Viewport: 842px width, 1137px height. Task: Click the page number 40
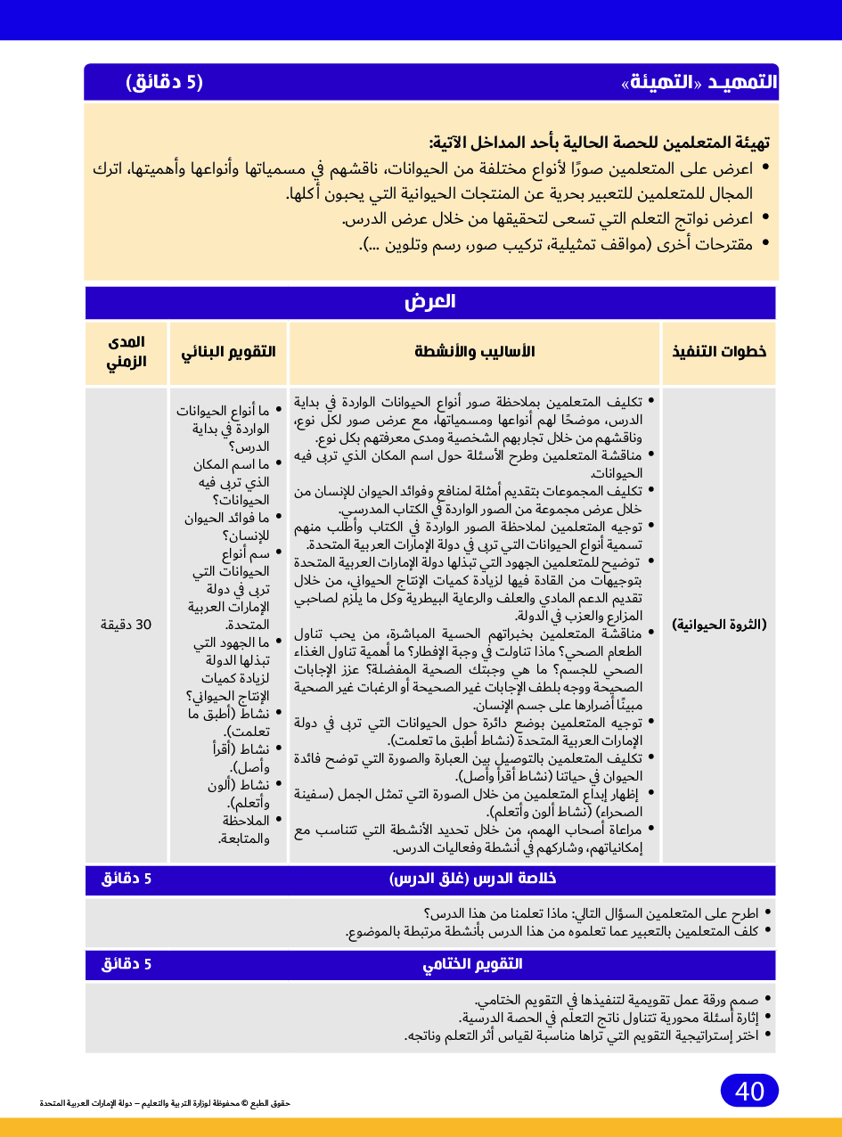tap(749, 1091)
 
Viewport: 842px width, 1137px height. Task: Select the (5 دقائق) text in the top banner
tap(165, 83)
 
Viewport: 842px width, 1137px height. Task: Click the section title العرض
tap(430, 302)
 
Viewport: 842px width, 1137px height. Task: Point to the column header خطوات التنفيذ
tap(719, 351)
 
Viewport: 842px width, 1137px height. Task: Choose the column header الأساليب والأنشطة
tap(475, 351)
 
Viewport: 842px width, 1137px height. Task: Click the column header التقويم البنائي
tap(229, 351)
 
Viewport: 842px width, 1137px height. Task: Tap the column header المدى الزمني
tap(127, 352)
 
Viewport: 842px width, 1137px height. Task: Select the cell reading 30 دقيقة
tap(126, 625)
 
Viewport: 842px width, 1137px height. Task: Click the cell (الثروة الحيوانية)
tap(719, 625)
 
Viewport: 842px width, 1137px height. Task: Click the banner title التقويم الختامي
tap(472, 964)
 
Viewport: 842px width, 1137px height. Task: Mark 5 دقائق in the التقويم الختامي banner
tap(127, 964)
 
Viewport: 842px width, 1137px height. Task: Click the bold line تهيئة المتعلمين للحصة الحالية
tap(599, 143)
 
